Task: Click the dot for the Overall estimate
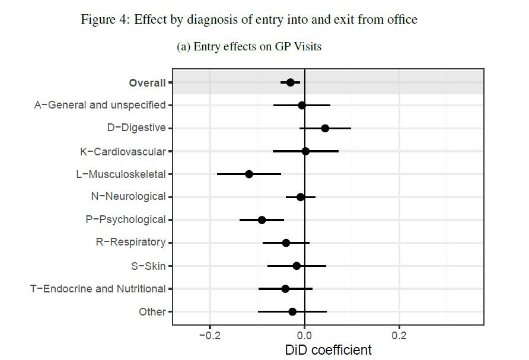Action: pyautogui.click(x=290, y=82)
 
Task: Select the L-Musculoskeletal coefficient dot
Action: pyautogui.click(x=249, y=174)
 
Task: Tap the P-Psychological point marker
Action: pyautogui.click(x=262, y=219)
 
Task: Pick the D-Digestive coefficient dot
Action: pyautogui.click(x=325, y=128)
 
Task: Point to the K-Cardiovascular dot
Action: pyautogui.click(x=305, y=151)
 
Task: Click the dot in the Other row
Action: pyautogui.click(x=292, y=311)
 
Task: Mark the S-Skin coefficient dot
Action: pyautogui.click(x=297, y=266)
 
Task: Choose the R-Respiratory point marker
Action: pyautogui.click(x=286, y=243)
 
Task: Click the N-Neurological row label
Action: pyautogui.click(x=128, y=197)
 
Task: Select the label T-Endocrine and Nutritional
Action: pyautogui.click(x=98, y=289)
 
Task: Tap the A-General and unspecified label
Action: pyautogui.click(x=100, y=105)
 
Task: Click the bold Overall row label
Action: pyautogui.click(x=147, y=83)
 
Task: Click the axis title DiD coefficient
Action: pyautogui.click(x=329, y=350)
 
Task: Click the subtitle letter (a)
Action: pyautogui.click(x=183, y=46)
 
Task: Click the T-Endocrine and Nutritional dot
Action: pyautogui.click(x=285, y=289)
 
